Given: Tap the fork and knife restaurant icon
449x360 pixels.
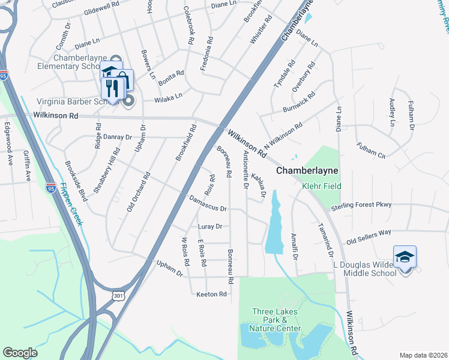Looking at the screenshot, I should click(112, 88).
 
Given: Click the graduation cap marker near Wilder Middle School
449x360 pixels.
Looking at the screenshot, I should click(405, 257).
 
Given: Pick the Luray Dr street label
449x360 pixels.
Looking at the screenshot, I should click(210, 227).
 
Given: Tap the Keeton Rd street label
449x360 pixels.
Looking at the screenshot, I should click(211, 294).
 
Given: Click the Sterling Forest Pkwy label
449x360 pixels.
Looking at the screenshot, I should click(361, 205).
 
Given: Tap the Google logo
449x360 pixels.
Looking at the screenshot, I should click(20, 353).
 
